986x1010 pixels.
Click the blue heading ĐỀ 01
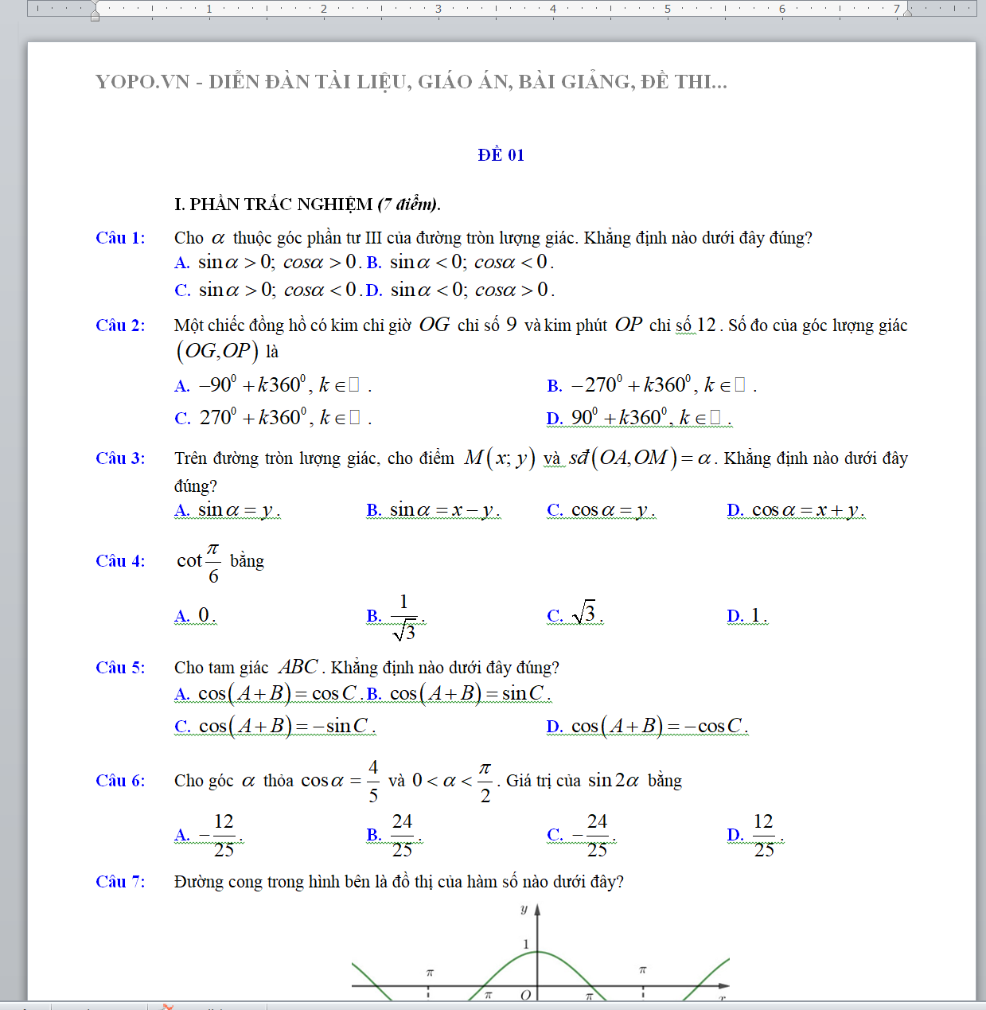coord(501,155)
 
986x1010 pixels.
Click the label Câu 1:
coord(120,238)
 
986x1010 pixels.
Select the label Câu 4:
coord(120,561)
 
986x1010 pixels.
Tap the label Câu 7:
coord(120,882)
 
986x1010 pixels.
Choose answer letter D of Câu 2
coord(554,419)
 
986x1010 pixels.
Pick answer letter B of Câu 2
coord(554,386)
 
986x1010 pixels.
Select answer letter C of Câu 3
coord(555,510)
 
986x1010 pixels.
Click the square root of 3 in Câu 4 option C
coord(584,613)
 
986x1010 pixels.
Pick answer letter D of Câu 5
coord(554,727)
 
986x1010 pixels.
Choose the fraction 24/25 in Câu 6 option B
coord(403,835)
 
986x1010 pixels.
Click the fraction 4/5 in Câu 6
coord(373,781)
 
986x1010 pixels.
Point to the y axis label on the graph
coord(524,909)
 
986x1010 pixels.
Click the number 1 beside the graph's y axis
coord(525,944)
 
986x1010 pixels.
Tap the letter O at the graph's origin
coord(525,995)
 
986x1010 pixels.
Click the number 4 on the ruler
coord(553,9)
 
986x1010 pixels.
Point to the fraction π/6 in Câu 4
coord(212,562)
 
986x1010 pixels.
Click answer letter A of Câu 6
coord(181,835)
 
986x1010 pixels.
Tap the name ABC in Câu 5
coord(298,667)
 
